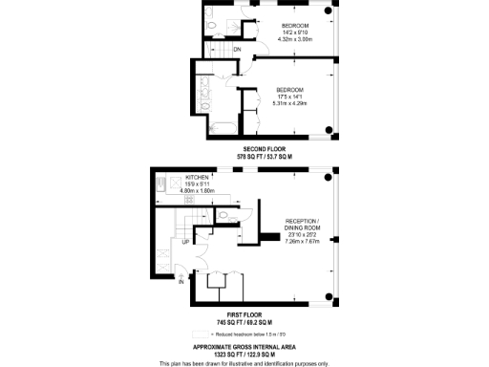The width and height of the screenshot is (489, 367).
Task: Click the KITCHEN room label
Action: pyautogui.click(x=197, y=177)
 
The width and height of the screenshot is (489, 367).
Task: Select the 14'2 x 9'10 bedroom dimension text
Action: pyautogui.click(x=295, y=32)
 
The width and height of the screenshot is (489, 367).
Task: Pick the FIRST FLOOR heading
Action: pyautogui.click(x=244, y=313)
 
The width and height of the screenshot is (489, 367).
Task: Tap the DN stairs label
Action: pyautogui.click(x=237, y=49)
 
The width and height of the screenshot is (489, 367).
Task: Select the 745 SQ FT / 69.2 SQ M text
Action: pyautogui.click(x=244, y=322)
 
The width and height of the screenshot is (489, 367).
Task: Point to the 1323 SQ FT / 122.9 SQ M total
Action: pyautogui.click(x=244, y=355)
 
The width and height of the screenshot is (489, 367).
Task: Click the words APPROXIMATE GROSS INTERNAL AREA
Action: pyautogui.click(x=244, y=347)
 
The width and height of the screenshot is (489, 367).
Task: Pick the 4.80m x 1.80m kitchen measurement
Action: pyautogui.click(x=202, y=191)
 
